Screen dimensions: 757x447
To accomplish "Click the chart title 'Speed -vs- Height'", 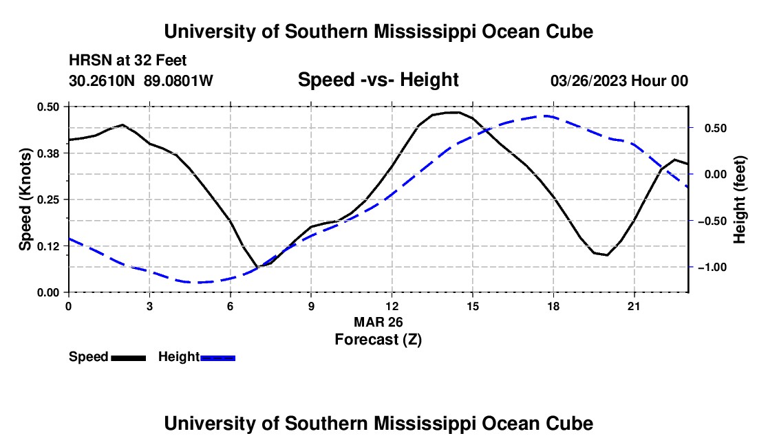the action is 378,80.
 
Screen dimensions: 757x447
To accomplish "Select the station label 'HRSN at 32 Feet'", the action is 127,61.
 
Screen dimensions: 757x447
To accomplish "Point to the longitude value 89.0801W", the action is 178,80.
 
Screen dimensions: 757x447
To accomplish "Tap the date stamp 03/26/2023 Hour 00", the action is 619,80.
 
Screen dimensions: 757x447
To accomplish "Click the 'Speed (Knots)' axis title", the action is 25,199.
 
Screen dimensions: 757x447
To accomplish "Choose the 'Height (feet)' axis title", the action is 739,199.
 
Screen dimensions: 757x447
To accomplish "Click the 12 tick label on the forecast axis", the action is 392,306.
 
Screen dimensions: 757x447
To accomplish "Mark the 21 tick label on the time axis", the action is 633,306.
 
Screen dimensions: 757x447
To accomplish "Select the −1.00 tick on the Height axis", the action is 713,267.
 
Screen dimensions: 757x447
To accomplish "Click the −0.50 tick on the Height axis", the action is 713,221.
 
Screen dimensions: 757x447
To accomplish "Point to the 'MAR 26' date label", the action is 378,322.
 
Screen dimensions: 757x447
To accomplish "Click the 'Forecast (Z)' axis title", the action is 378,340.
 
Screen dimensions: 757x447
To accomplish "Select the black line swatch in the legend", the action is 129,358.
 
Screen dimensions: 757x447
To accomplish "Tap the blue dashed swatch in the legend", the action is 217,358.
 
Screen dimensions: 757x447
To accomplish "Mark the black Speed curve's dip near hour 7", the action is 258,266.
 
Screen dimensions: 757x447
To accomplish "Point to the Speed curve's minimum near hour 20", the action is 607,254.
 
